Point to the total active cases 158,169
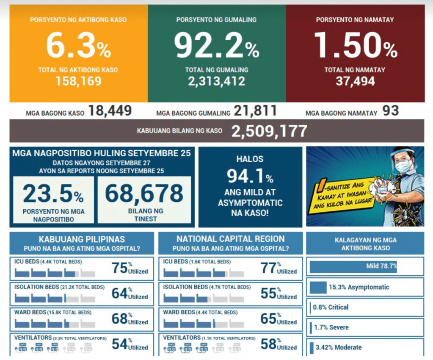(78, 81)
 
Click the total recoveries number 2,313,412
(216, 81)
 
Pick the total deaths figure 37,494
(355, 81)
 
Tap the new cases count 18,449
(110, 111)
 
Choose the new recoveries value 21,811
(255, 111)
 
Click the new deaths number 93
(390, 111)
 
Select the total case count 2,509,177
(269, 131)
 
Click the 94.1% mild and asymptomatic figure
(250, 176)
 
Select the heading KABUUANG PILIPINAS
(82, 239)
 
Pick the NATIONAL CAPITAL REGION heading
(230, 239)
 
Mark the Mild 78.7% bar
(353, 267)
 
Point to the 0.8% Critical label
(331, 307)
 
